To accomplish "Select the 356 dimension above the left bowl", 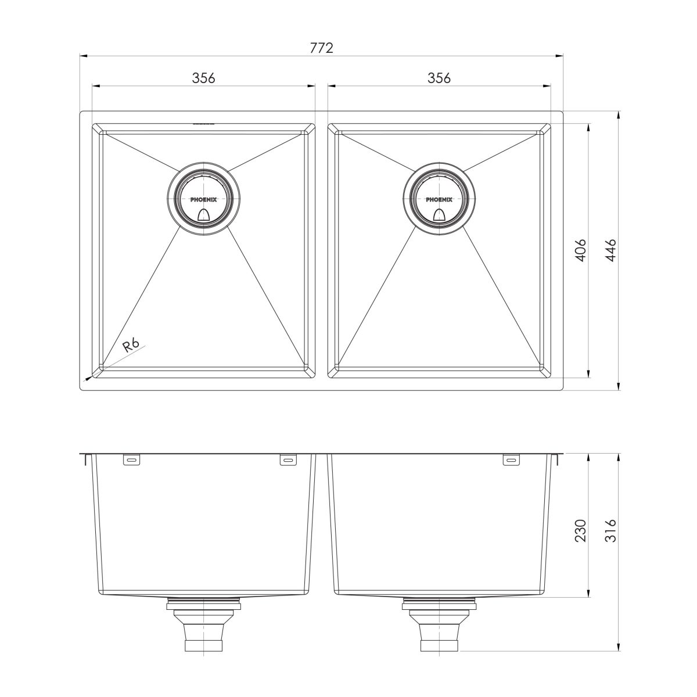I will pos(203,77).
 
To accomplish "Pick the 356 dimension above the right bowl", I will pos(439,77).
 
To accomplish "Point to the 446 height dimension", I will pos(609,249).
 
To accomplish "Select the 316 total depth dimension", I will pos(609,531).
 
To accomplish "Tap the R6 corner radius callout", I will pos(130,346).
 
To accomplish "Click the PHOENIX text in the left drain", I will pos(203,199).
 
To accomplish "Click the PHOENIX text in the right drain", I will pos(439,199).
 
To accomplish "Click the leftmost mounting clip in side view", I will pos(131,460).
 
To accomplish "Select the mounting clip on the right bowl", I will pos(511,460).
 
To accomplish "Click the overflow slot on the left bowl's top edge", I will pos(203,123).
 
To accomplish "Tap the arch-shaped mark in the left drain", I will pos(203,215).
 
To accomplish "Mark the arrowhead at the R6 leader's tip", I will pos(89,376).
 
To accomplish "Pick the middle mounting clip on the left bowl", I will pos(288,460).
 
